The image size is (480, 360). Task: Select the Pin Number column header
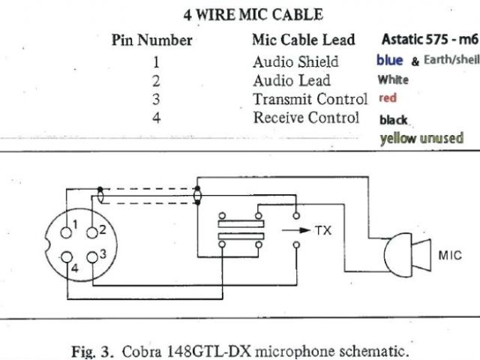pos(151,40)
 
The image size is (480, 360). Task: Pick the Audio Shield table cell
pos(295,61)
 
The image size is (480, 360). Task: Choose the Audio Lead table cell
pos(291,80)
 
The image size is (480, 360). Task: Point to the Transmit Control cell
pos(310,99)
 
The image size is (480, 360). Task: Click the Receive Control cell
pos(306,118)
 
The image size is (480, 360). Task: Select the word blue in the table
pos(390,60)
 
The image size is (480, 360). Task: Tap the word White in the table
pos(393,79)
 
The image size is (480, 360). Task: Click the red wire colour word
pos(388,98)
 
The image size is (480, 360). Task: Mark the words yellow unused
pos(421,138)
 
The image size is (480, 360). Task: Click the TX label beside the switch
pos(322,230)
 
